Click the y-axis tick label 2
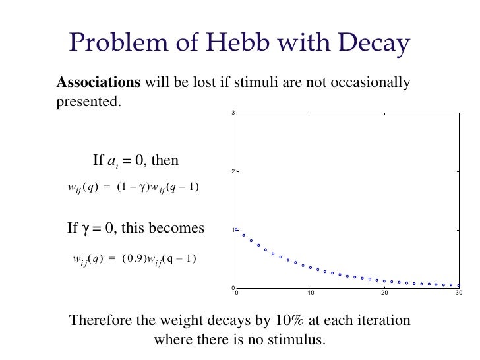click(233, 172)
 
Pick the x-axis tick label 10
click(310, 292)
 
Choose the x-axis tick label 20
click(384, 292)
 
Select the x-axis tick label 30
click(458, 292)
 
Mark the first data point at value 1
click(237, 229)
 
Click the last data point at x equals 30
click(458, 285)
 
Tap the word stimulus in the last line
click(299, 340)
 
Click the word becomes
click(179, 229)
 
